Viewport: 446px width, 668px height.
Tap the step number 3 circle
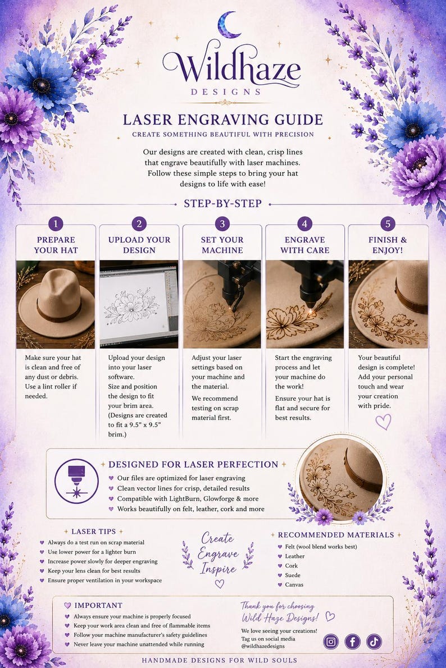222,223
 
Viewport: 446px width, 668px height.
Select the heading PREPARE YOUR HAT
56,245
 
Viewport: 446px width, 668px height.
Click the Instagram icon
331,642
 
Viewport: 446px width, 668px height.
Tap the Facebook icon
353,642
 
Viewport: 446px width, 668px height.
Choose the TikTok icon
374,642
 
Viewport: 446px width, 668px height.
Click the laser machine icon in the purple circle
77,481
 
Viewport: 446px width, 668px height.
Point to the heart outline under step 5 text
383,422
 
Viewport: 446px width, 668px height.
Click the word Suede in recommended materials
293,575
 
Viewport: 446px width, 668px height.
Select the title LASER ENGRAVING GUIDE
223,120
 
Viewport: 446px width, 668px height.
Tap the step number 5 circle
388,223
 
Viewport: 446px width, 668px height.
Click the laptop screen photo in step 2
139,304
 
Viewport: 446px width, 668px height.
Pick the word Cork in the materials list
292,566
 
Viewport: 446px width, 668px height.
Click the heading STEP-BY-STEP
223,204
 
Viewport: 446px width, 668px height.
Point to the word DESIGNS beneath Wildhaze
226,92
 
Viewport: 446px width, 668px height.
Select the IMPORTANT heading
98,605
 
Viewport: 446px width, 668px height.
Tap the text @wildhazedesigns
263,646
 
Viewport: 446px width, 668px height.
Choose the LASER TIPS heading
94,532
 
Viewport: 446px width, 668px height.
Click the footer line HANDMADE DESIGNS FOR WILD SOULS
220,660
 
